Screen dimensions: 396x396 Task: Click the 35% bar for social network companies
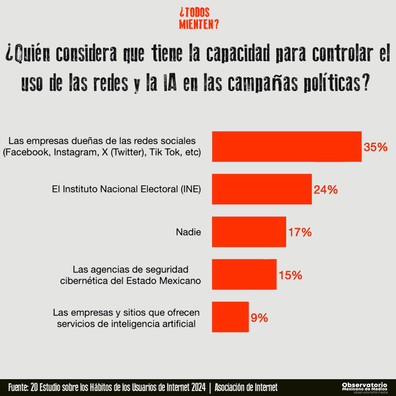point(287,147)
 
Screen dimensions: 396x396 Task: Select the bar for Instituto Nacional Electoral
point(262,189)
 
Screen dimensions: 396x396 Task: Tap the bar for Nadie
point(249,232)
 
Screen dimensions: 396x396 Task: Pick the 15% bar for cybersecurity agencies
point(244,274)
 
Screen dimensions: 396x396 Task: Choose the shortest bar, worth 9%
point(230,317)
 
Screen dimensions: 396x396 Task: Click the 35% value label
point(375,147)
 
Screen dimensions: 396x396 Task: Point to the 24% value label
point(325,190)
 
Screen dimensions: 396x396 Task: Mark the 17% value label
point(299,232)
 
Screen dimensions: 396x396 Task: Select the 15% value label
point(290,275)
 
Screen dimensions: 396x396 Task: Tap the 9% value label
point(259,317)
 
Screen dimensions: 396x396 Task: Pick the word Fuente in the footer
point(18,387)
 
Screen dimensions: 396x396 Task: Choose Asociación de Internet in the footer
point(246,387)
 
